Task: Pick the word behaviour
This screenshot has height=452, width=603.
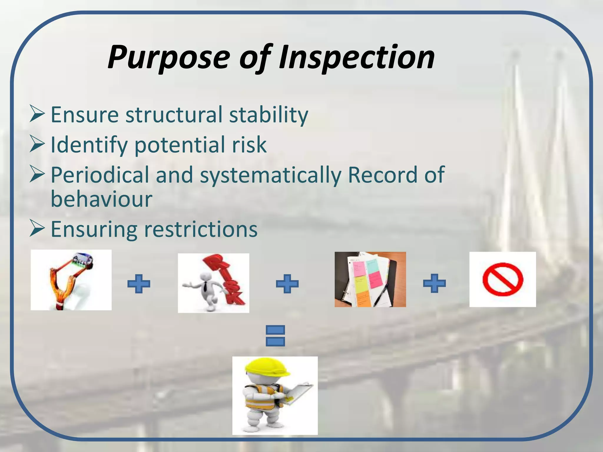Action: coord(102,199)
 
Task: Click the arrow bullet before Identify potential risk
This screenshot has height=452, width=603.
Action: coord(37,144)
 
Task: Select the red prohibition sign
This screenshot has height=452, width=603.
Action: coord(503,279)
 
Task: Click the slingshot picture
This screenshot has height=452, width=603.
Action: coord(71,280)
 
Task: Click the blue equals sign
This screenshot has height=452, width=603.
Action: coord(275,335)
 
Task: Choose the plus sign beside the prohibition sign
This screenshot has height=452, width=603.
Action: coord(434,283)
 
